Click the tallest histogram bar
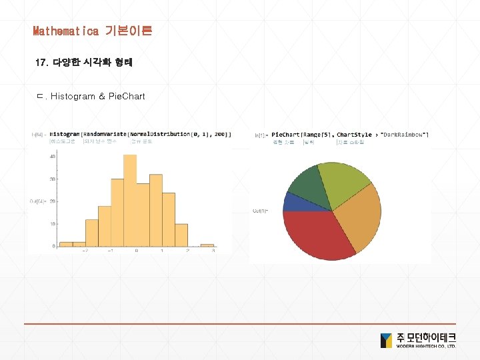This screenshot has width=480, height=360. [130, 200]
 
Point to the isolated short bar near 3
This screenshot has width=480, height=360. [207, 245]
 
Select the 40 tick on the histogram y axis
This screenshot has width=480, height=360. [53, 156]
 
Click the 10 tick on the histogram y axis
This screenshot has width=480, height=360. [53, 224]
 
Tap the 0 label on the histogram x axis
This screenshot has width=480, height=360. [137, 251]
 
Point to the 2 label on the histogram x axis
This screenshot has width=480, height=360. [188, 251]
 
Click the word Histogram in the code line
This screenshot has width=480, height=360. [65, 134]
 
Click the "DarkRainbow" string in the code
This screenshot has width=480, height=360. [405, 135]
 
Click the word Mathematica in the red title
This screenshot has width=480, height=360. [65, 31]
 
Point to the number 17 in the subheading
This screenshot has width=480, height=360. [40, 63]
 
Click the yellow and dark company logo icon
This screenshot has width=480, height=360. [386, 340]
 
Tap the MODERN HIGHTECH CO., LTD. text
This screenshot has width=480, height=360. [426, 347]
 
